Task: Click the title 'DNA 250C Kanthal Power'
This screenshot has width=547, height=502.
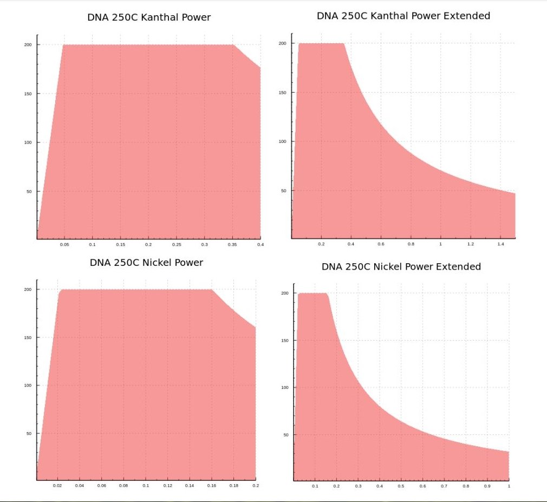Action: pos(149,17)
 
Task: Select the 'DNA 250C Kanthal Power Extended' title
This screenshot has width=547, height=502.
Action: pos(403,16)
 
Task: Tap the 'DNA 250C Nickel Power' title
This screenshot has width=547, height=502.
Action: pos(146,263)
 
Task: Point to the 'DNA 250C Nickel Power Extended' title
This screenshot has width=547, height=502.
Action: pos(401,266)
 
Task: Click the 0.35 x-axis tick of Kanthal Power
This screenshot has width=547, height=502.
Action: pos(232,245)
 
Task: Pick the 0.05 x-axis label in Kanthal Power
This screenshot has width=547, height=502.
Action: pos(64,245)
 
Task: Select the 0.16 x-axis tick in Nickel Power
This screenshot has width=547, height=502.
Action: pos(211,486)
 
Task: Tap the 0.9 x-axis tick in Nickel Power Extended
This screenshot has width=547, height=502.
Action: pos(487,486)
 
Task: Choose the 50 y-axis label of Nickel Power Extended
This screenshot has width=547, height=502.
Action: pos(286,434)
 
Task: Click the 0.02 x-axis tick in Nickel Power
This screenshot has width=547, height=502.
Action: pos(58,486)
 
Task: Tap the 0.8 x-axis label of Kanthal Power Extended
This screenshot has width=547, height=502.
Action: pos(411,244)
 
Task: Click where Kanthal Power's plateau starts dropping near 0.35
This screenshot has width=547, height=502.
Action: pos(233,45)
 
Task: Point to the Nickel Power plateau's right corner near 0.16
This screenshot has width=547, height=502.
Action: pos(211,290)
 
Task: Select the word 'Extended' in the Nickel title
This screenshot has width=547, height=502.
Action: pos(459,266)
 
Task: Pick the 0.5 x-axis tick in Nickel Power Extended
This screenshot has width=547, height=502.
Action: pos(401,486)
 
